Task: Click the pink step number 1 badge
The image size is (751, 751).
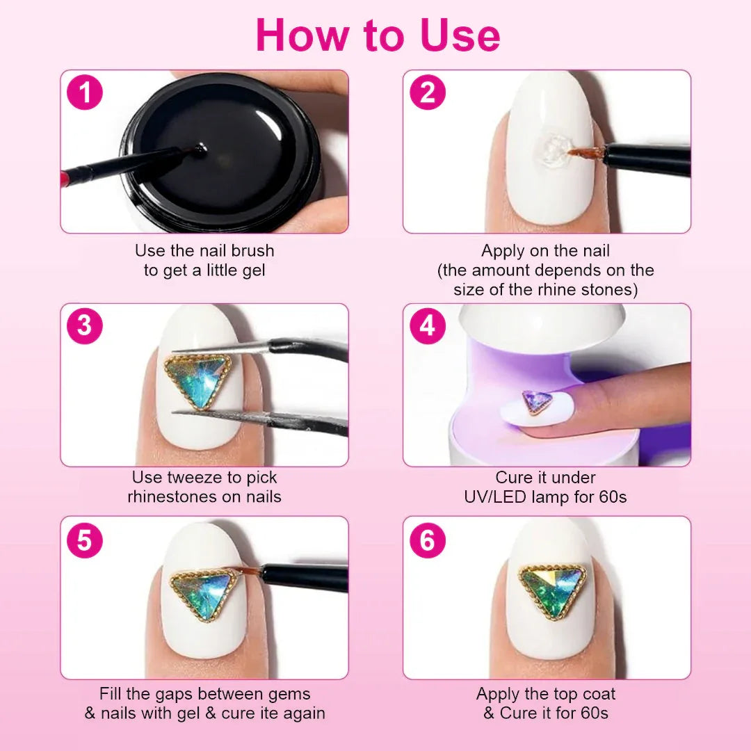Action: pyautogui.click(x=85, y=92)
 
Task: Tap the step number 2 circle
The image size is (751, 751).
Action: pyautogui.click(x=428, y=92)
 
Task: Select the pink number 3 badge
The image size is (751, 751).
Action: pyautogui.click(x=85, y=325)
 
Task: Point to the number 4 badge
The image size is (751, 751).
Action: pyautogui.click(x=428, y=325)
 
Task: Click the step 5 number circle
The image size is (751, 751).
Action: pyautogui.click(x=85, y=540)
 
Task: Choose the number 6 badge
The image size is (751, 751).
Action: pyautogui.click(x=428, y=540)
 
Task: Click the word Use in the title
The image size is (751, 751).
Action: pyautogui.click(x=460, y=35)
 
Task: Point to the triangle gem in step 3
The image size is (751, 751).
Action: pyautogui.click(x=197, y=381)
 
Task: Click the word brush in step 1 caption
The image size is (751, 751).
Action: pyautogui.click(x=253, y=250)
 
